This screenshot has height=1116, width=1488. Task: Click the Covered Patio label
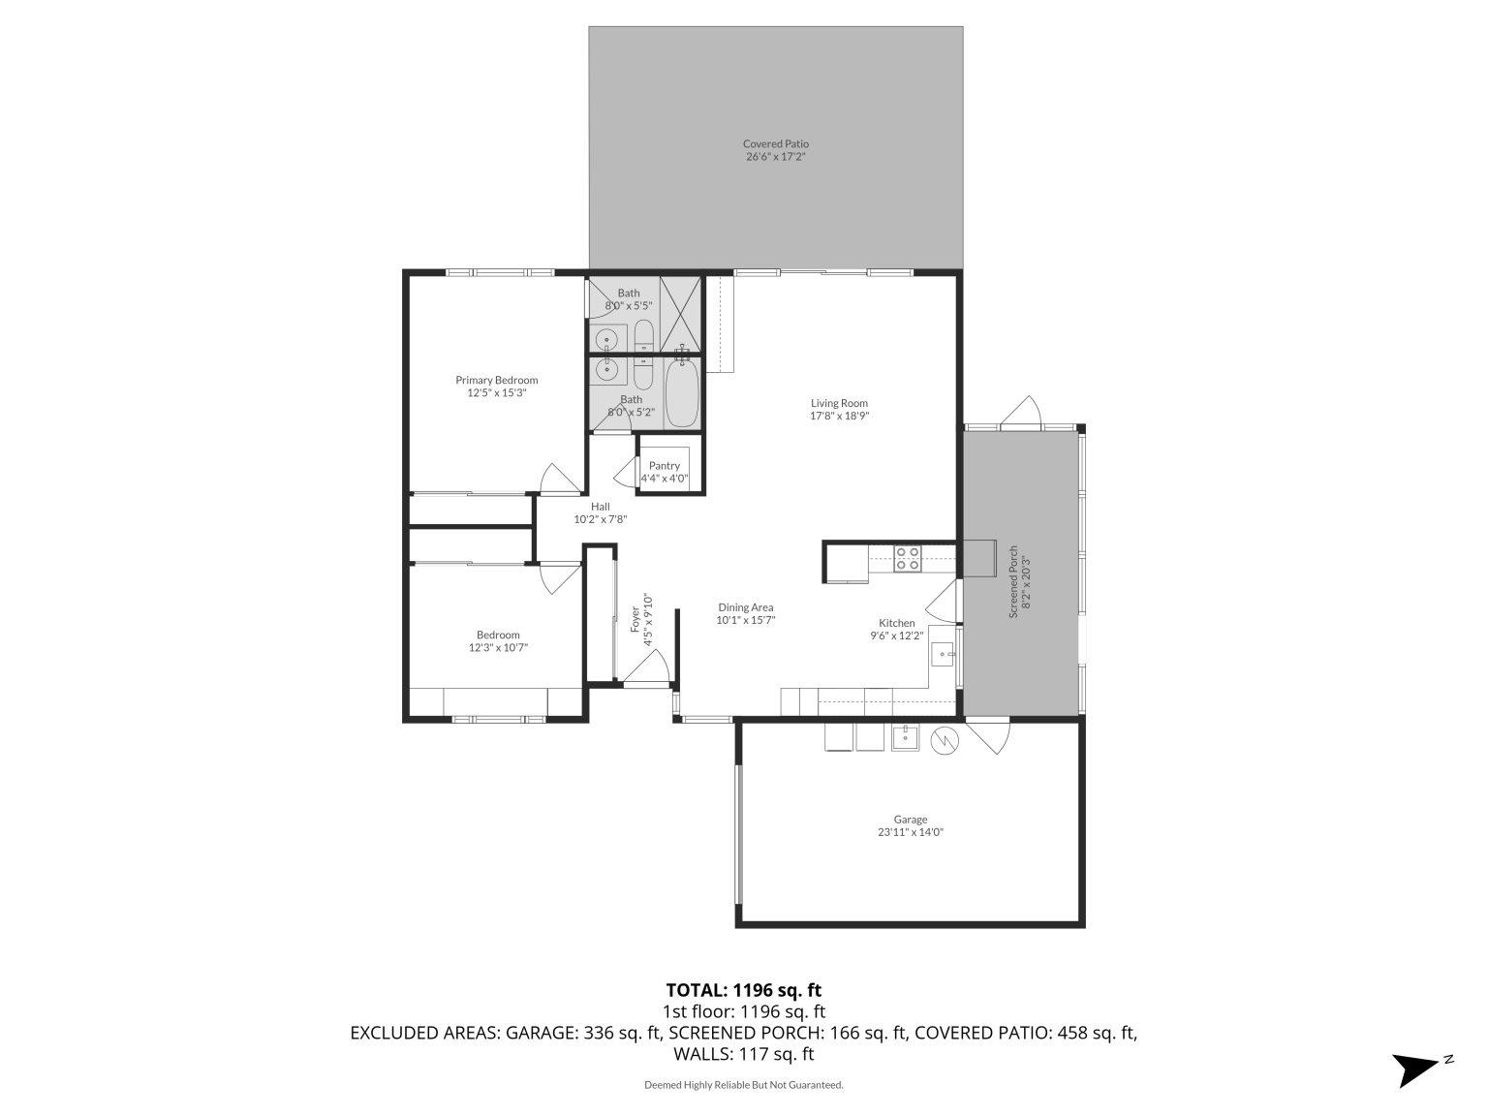pyautogui.click(x=775, y=144)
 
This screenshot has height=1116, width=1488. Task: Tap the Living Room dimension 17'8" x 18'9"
pyautogui.click(x=839, y=416)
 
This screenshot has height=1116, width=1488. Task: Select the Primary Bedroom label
pyautogui.click(x=496, y=380)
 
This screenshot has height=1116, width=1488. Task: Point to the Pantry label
pyautogui.click(x=665, y=466)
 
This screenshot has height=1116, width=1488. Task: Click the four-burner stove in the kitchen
pyautogui.click(x=908, y=558)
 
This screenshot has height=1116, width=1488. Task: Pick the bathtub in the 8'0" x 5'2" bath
pyautogui.click(x=682, y=391)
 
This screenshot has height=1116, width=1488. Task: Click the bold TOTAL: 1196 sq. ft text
pyautogui.click(x=743, y=990)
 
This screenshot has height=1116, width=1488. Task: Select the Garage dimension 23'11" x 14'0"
pyautogui.click(x=910, y=831)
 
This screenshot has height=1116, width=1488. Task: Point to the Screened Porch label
pyautogui.click(x=1013, y=581)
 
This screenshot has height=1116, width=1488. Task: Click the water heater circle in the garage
pyautogui.click(x=944, y=741)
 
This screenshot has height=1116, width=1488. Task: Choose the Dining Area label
pyautogui.click(x=745, y=607)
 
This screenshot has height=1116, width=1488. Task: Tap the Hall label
pyautogui.click(x=601, y=506)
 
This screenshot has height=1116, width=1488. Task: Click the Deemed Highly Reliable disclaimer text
pyautogui.click(x=743, y=1085)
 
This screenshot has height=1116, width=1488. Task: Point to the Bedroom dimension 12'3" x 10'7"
pyautogui.click(x=498, y=648)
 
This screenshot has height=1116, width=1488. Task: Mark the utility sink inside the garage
pyautogui.click(x=905, y=737)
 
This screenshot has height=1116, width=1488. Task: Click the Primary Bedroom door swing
pyautogui.click(x=559, y=480)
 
